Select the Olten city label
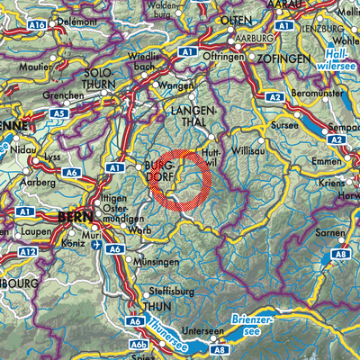click(x=241, y=19)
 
